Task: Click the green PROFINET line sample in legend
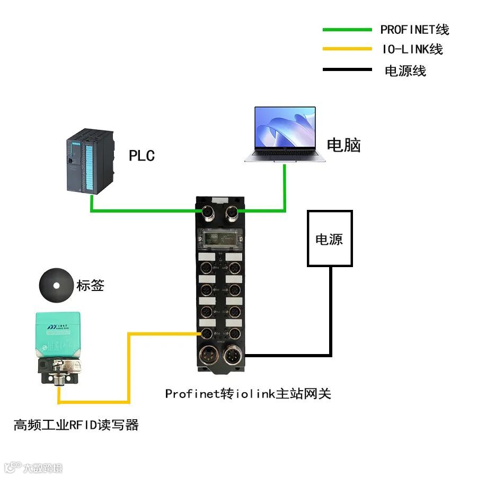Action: point(347,30)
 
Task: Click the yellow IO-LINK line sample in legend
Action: point(347,49)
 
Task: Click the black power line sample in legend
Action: point(347,69)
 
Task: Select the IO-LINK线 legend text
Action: point(412,49)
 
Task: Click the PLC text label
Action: point(142,156)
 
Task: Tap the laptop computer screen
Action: point(285,129)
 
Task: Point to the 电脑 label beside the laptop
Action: point(343,145)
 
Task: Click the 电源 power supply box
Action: point(329,238)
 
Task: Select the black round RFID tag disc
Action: point(56,285)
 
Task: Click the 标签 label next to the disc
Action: point(91,286)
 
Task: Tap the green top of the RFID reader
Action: point(58,331)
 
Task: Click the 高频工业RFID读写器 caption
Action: point(76,425)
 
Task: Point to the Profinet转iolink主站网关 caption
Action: point(248,394)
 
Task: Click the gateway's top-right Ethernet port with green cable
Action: point(232,213)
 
